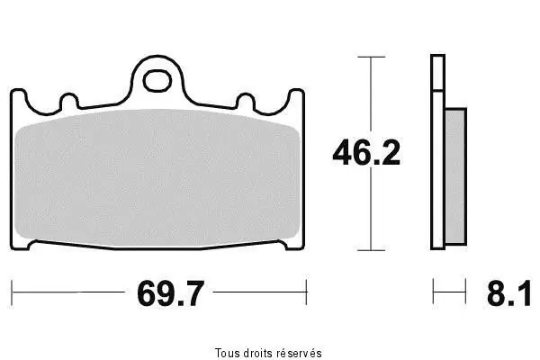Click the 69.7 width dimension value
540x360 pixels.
point(171,293)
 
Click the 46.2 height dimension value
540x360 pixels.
point(366,153)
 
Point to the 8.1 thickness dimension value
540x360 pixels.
point(508,293)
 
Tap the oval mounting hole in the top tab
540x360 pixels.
point(157,81)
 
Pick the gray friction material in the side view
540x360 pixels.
point(456,176)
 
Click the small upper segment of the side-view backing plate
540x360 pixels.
point(437,73)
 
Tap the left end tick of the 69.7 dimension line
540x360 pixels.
point(12,292)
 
